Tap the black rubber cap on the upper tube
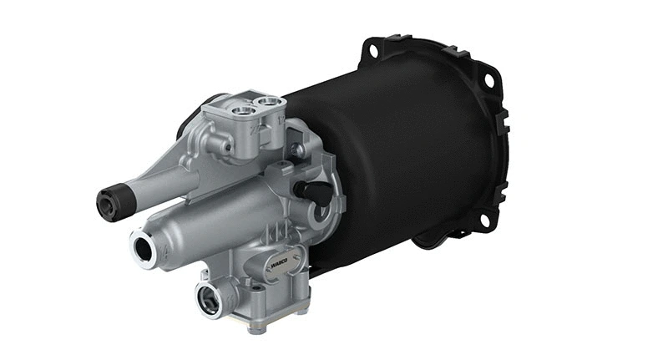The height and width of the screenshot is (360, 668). (x=109, y=201)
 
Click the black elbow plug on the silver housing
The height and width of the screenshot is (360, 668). (x=318, y=191)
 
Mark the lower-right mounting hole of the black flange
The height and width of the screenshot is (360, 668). (x=482, y=220)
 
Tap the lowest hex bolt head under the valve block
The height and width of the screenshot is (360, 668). (x=254, y=327)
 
